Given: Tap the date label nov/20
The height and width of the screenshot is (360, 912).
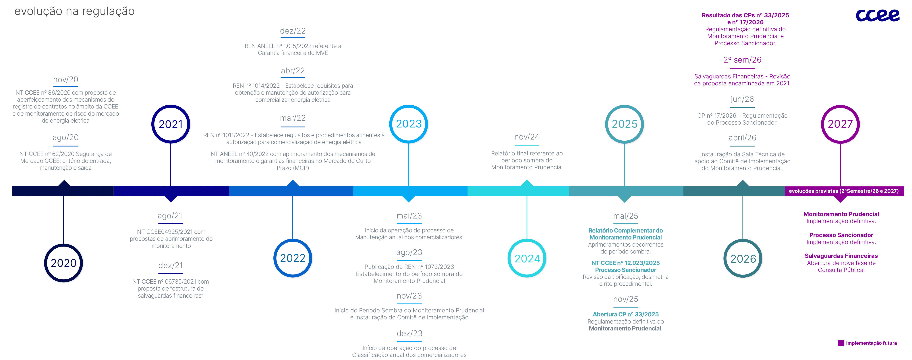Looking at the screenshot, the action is coord(65,80).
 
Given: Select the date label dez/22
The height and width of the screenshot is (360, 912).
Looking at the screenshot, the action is coord(293,31).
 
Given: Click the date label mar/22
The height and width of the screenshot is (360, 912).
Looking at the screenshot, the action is coord(293,118).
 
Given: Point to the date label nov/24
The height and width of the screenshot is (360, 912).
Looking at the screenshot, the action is coord(527,137).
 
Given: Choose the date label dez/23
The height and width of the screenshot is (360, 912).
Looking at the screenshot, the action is coord(409,333).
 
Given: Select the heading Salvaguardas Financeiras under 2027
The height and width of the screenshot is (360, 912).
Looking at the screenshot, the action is coord(841,256).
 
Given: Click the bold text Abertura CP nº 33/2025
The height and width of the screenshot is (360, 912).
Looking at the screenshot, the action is coord(626,314).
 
